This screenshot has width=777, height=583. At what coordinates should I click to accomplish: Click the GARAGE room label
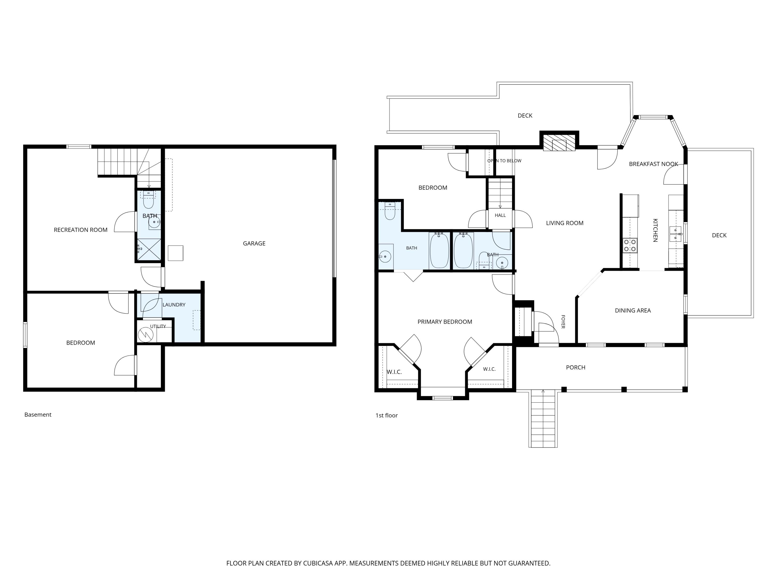coord(254,243)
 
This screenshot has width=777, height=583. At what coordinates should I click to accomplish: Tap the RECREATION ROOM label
coord(81,230)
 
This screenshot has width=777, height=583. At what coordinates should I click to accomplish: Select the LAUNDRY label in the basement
coord(174,305)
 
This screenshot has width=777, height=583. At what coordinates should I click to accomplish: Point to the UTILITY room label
coord(158,326)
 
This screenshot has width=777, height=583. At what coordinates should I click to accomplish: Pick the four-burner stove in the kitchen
coord(630,245)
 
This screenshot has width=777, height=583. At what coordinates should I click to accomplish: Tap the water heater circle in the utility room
coord(145,335)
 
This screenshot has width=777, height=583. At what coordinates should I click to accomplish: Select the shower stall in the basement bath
coord(149,250)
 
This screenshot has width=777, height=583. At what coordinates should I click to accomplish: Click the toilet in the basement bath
coord(149,200)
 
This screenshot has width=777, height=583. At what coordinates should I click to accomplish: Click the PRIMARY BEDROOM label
coord(445,322)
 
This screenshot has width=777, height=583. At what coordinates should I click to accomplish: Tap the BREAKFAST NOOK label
coord(653,164)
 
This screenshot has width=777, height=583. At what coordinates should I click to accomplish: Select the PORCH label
coord(575,367)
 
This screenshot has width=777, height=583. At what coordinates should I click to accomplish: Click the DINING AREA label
coord(633,310)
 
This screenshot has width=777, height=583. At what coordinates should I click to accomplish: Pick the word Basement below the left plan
coord(38,415)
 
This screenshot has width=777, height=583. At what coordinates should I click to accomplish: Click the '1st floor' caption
coord(386,415)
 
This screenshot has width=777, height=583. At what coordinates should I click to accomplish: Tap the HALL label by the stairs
coord(500,215)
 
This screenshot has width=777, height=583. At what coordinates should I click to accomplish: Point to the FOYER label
coord(563,322)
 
